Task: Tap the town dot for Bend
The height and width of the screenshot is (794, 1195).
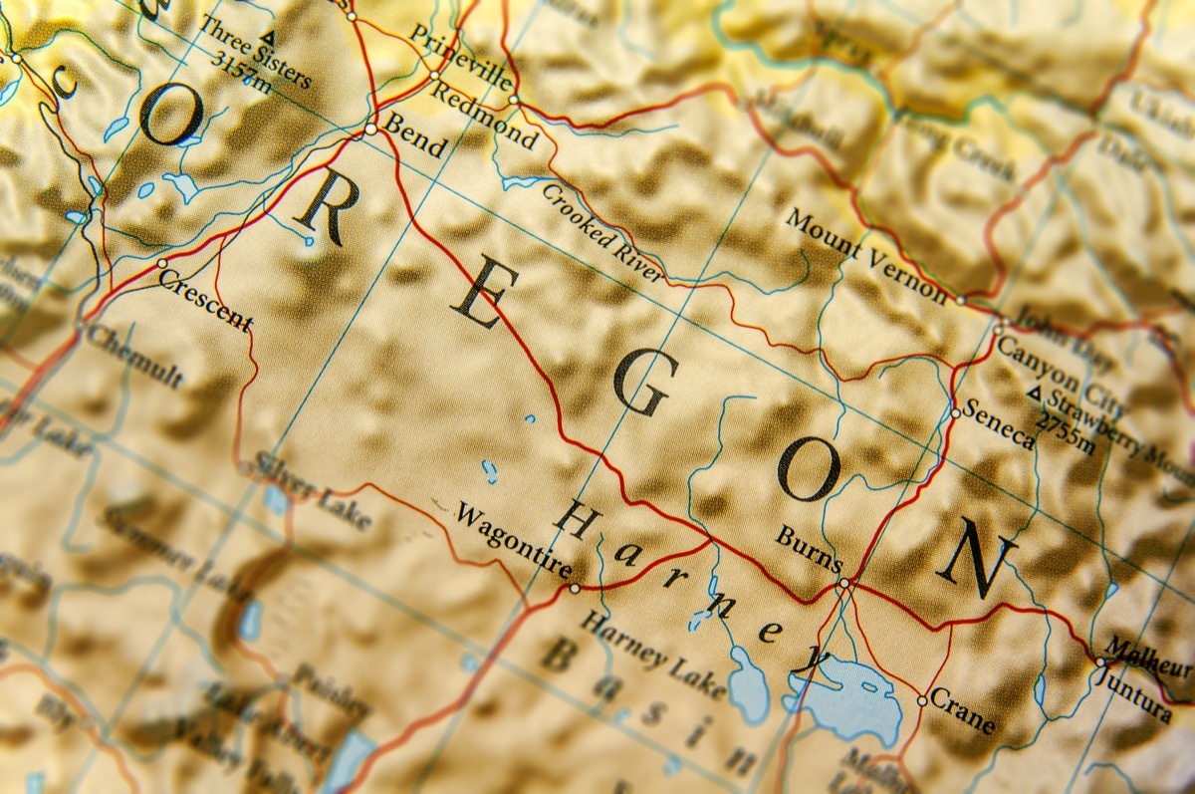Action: [x=370, y=129]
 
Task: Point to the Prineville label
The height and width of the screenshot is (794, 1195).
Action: [x=461, y=57]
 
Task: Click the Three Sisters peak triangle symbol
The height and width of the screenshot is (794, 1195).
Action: [x=269, y=41]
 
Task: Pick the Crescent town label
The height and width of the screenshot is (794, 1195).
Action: [x=205, y=300]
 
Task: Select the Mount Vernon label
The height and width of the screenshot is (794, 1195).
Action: [x=866, y=255]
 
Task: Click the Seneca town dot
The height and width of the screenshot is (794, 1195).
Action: [x=955, y=412]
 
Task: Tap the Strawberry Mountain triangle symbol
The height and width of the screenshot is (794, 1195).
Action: [x=1035, y=396]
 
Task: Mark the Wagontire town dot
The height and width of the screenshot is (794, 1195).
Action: [x=575, y=588]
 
